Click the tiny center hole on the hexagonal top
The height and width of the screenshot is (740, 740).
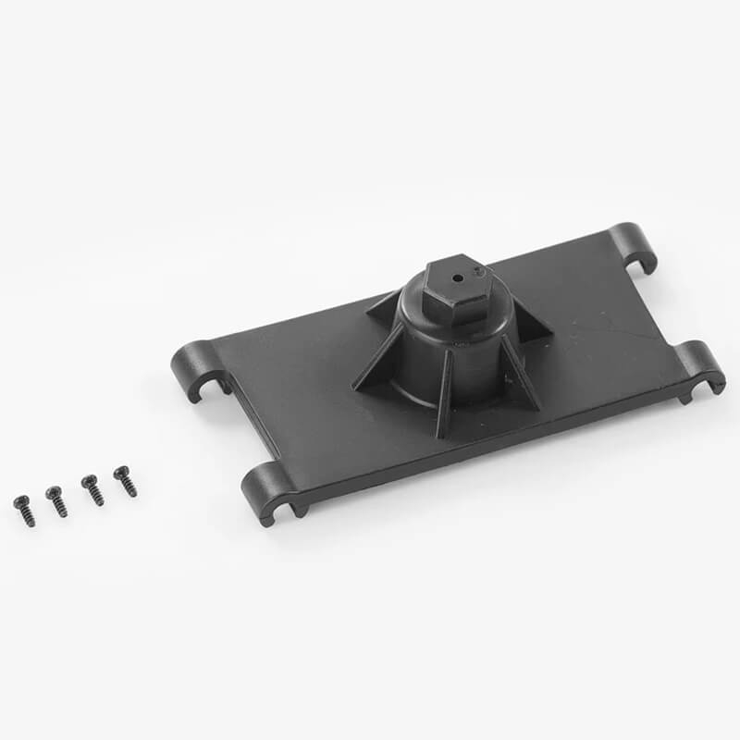click(x=457, y=275)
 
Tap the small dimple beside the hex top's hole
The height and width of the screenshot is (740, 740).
click(x=476, y=271)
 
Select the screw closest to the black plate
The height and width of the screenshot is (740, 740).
click(x=125, y=481)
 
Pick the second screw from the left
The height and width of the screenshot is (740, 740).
click(x=56, y=500)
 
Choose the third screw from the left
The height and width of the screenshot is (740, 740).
click(x=92, y=488)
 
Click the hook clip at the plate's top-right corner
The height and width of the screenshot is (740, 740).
click(x=635, y=244)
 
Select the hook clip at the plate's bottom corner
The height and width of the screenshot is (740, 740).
click(x=269, y=490)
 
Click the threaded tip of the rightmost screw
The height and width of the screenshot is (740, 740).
click(x=131, y=491)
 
